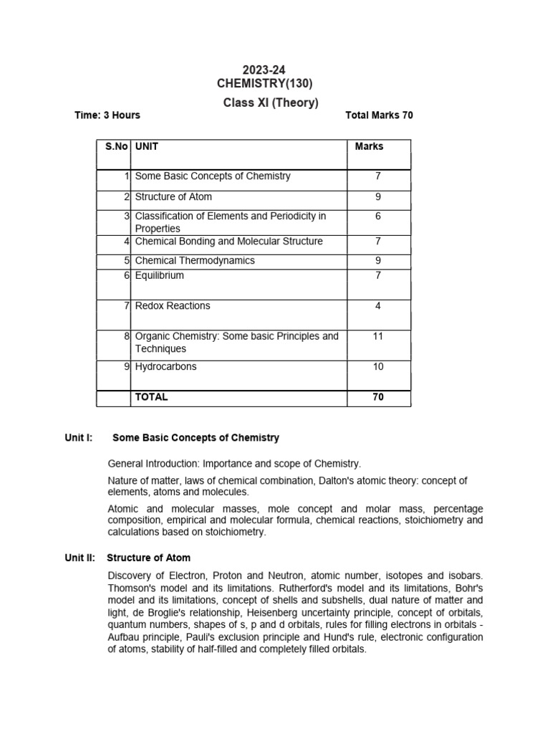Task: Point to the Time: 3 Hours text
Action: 107,115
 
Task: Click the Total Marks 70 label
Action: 379,115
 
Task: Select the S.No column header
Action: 117,146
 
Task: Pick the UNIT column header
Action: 147,146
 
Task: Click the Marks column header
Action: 369,146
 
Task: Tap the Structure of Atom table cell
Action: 173,196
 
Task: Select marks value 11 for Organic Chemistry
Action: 378,336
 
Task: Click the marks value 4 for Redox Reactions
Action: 378,306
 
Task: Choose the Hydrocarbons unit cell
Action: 165,366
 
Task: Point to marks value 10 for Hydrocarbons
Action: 378,366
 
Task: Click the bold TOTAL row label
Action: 151,396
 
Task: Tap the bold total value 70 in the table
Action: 378,396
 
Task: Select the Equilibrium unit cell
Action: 160,275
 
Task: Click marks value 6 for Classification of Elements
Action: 378,216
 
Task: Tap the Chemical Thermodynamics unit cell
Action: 195,260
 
